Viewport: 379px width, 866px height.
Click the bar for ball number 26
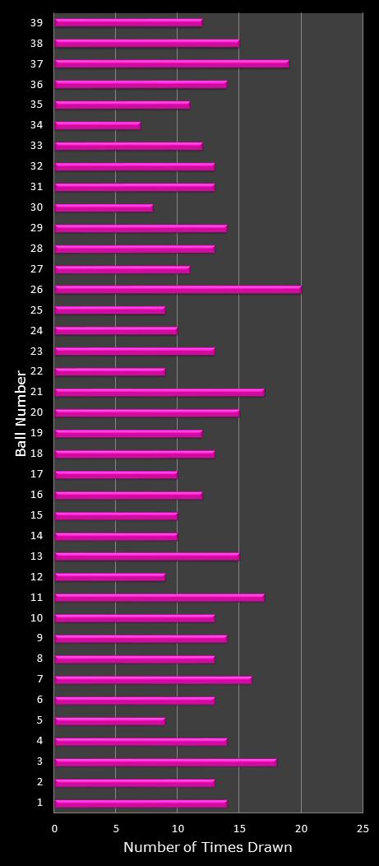coord(178,290)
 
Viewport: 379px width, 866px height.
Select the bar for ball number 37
coord(171,63)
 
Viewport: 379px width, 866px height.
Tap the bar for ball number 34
coord(97,125)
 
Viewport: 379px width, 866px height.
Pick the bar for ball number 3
coord(165,762)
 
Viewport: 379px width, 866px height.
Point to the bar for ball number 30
coord(104,207)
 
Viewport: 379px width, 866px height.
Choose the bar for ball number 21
coord(159,393)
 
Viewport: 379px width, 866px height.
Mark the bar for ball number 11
coord(159,598)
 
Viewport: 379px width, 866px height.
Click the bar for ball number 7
coord(153,680)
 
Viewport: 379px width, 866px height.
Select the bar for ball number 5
coord(109,721)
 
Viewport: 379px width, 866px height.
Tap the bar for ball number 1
coord(141,803)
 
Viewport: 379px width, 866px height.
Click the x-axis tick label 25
coord(363,828)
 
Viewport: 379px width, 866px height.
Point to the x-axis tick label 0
coord(55,828)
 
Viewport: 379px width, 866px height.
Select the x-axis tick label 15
coord(239,828)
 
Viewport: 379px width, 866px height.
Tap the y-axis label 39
coord(36,22)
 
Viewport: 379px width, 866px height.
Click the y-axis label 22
coord(36,371)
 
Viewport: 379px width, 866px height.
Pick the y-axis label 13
coord(36,556)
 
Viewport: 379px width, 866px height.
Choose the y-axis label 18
coord(36,454)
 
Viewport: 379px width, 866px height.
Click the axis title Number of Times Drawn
coord(207,848)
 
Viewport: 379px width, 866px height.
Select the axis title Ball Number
coord(21,413)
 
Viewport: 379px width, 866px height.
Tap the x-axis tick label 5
coord(116,828)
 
